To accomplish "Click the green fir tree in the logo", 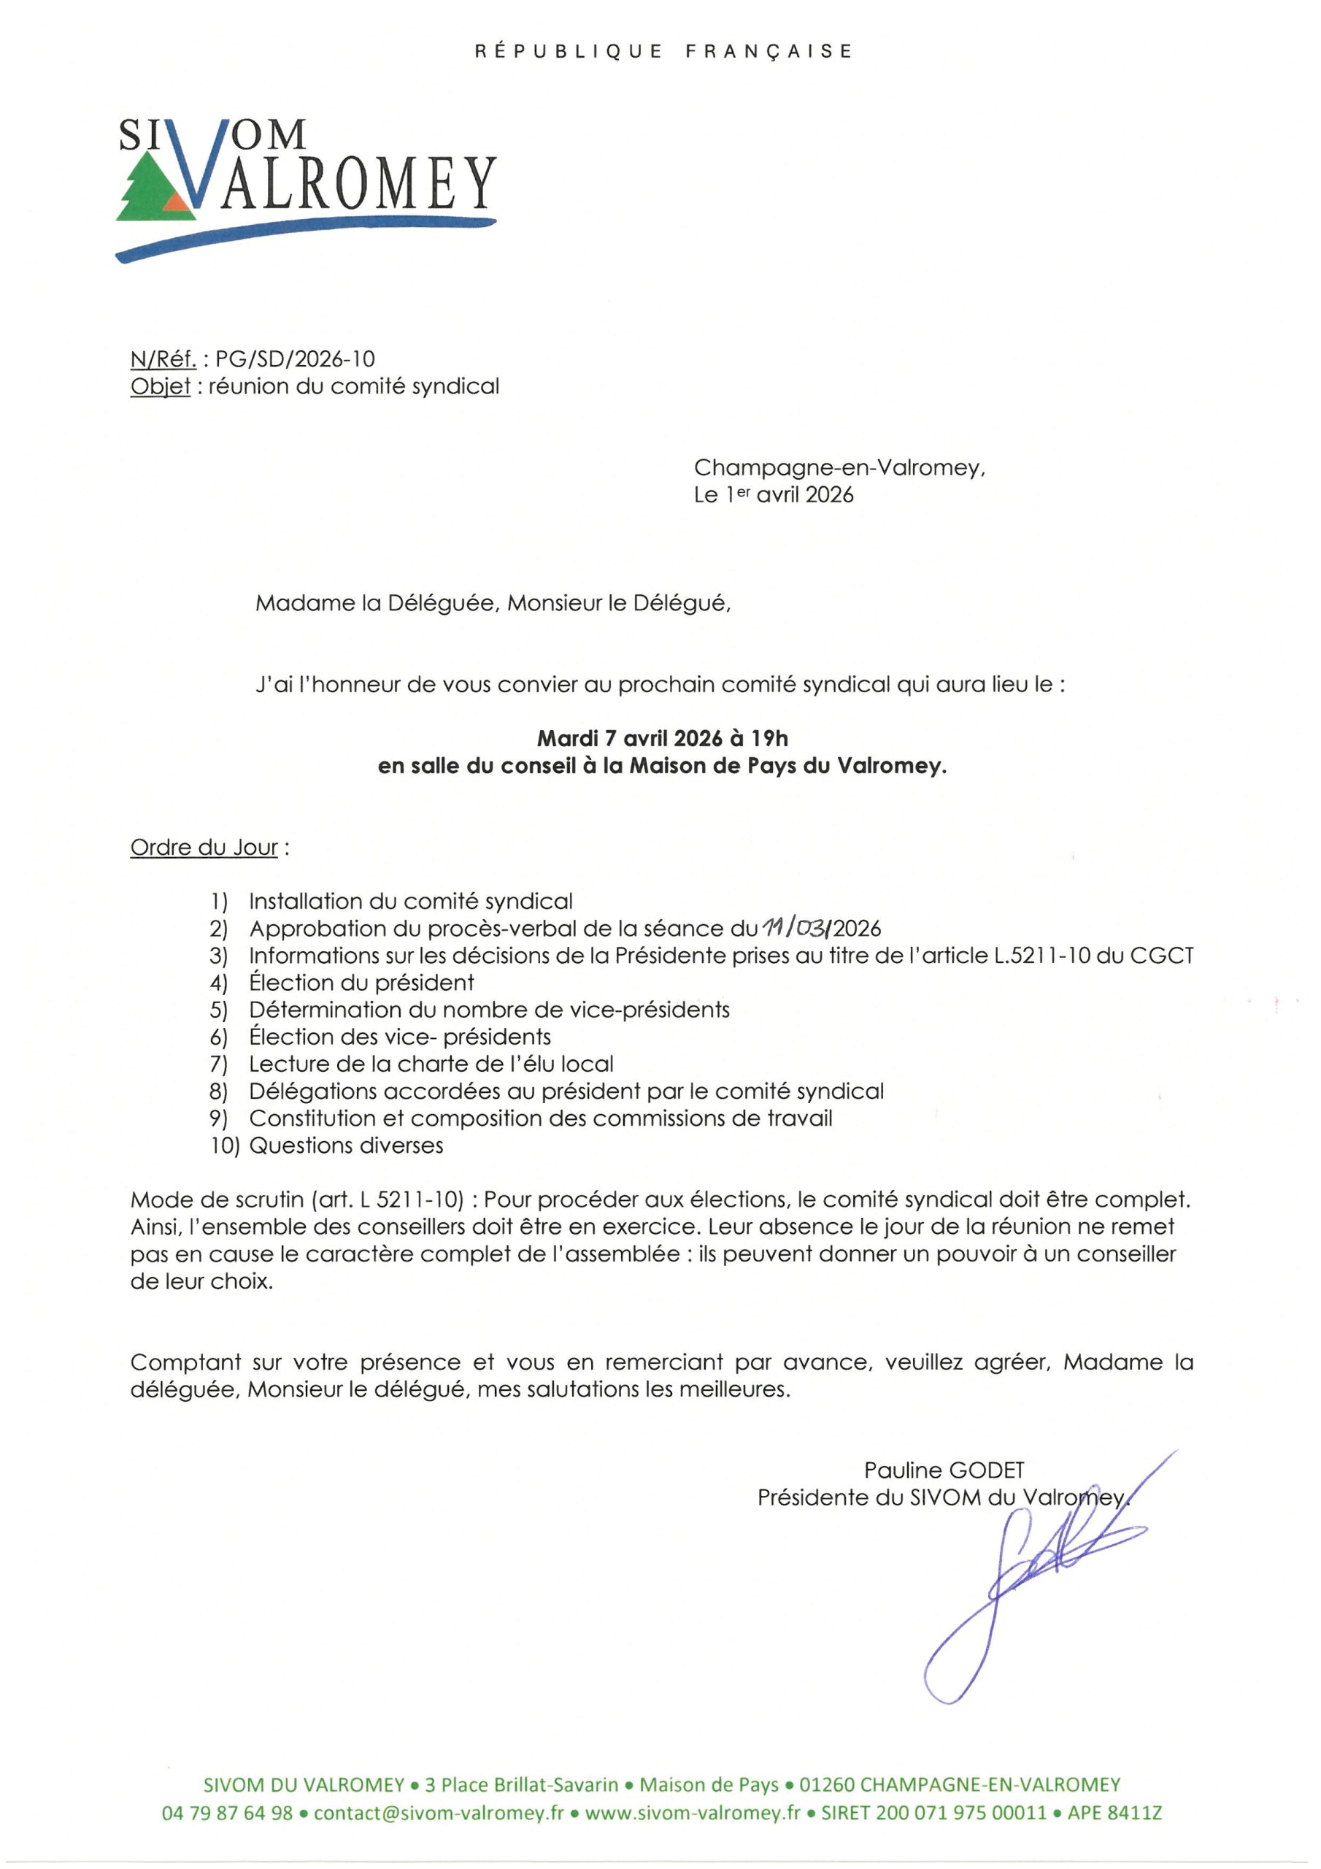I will pyautogui.click(x=147, y=192).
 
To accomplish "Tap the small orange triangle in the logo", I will pyautogui.click(x=176, y=201).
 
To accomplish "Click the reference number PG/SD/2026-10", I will pyautogui.click(x=295, y=359).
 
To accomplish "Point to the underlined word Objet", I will pyautogui.click(x=161, y=386).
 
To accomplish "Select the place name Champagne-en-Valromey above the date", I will pyautogui.click(x=839, y=468).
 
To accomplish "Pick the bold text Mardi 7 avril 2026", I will pyautogui.click(x=629, y=738).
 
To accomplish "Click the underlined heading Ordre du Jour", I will pyautogui.click(x=204, y=848).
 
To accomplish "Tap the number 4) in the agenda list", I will pyautogui.click(x=218, y=983).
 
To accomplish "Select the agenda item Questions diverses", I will pyautogui.click(x=346, y=1145).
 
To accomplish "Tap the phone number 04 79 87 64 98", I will pyautogui.click(x=227, y=1813).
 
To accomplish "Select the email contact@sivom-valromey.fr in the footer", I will pyautogui.click(x=439, y=1813).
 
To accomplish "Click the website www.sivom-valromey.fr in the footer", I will pyautogui.click(x=693, y=1813).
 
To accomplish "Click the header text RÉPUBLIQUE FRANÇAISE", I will pyautogui.click(x=663, y=51).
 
